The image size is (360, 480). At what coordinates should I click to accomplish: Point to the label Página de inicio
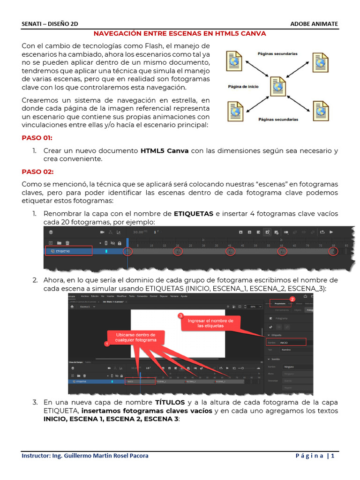(243, 86)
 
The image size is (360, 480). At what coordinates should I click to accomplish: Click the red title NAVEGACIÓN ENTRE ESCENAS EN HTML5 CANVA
(180, 34)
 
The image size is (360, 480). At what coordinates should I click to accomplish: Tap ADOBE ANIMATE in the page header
(314, 24)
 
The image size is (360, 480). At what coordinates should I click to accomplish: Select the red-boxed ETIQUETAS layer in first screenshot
(68, 251)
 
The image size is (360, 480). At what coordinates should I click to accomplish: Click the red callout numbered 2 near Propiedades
(292, 299)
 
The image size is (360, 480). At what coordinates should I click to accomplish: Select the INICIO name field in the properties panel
(292, 343)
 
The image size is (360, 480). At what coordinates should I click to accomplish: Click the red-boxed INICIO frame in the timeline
(140, 382)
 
